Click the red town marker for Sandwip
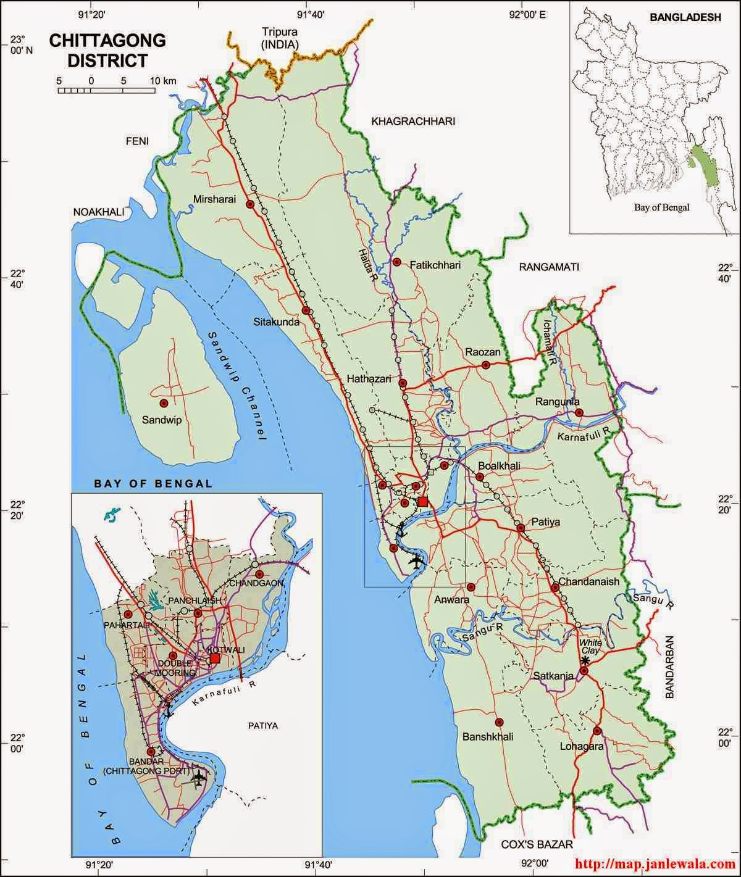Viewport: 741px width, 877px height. coord(164,403)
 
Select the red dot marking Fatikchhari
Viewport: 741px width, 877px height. coord(397,262)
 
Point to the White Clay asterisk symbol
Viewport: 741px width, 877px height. coord(585,660)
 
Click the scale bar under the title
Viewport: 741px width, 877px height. coord(106,90)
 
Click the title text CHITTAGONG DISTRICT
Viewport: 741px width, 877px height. coord(107,50)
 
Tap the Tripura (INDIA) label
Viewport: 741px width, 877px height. coord(280,38)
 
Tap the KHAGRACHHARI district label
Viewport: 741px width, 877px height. coord(413,122)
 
